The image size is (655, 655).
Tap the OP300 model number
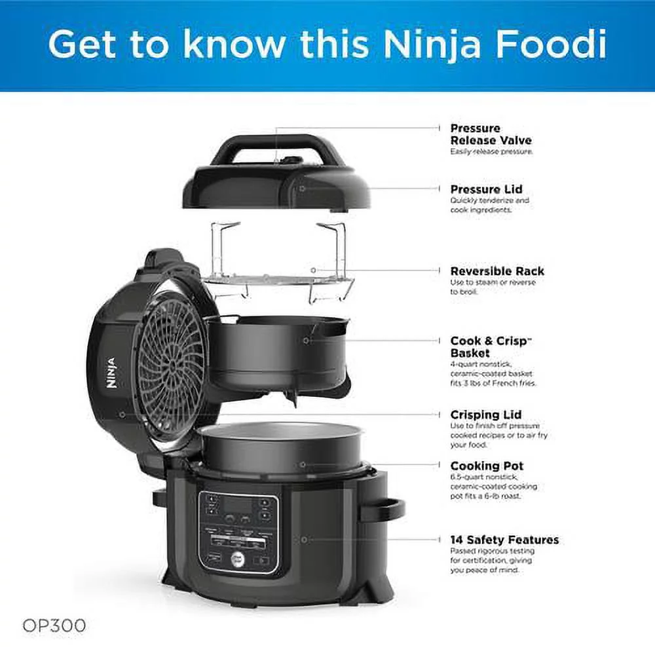54,626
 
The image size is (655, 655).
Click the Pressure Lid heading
486,189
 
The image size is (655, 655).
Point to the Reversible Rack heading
496,271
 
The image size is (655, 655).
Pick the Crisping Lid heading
485,415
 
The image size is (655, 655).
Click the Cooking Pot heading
487,466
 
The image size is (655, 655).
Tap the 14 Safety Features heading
504,540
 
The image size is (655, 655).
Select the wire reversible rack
278,282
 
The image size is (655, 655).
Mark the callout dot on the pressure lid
303,187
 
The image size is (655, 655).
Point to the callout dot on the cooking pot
303,464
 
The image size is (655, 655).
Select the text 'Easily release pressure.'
491,151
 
